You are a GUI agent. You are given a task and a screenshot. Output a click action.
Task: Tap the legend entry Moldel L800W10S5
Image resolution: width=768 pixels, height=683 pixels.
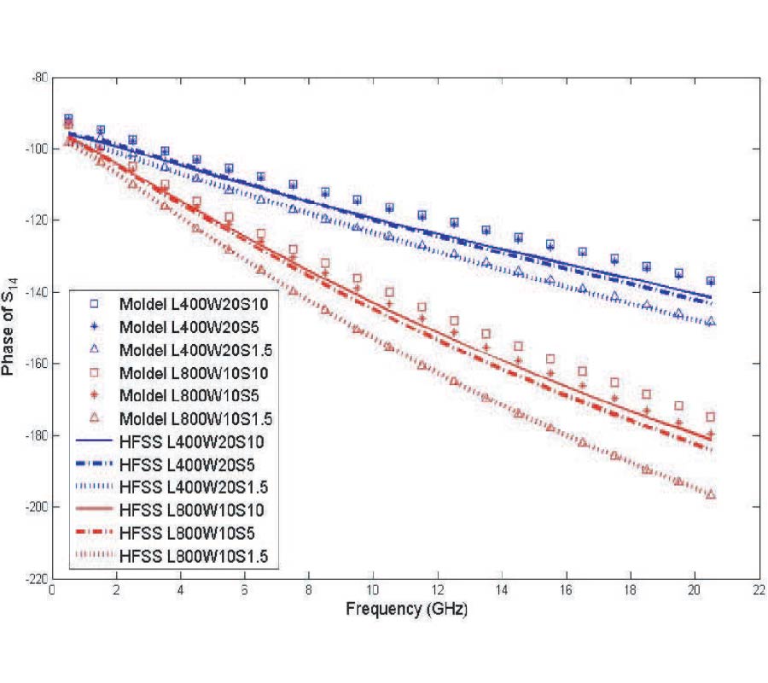coord(177,396)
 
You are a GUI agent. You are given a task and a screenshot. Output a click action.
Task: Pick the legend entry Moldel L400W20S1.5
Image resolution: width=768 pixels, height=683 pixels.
coord(183,350)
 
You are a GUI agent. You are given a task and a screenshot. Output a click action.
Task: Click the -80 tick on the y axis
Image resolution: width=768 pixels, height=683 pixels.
coord(38,78)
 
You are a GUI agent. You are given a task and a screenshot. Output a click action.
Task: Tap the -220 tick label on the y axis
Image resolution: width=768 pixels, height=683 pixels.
coord(34,579)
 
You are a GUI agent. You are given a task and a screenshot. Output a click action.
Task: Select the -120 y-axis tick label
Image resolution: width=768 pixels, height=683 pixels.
coord(34,220)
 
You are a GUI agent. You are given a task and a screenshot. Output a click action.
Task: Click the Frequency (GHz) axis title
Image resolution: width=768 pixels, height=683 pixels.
coord(406,610)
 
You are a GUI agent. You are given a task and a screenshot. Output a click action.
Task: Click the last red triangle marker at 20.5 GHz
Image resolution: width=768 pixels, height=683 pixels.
coord(710,495)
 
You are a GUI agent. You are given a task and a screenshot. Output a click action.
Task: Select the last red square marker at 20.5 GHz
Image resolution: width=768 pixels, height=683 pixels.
coord(710,417)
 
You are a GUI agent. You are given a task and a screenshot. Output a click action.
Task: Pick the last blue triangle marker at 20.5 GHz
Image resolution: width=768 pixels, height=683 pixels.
coord(710,322)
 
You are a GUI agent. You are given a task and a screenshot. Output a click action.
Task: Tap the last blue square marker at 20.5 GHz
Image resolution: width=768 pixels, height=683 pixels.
coord(710,281)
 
